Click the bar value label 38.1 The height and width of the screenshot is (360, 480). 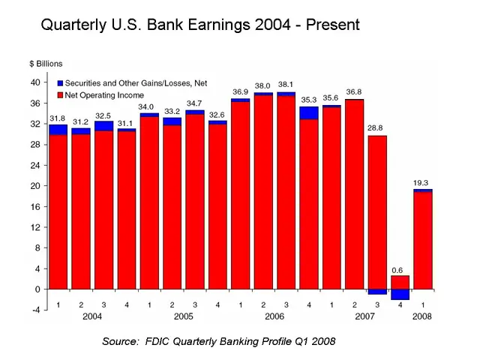pos(286,84)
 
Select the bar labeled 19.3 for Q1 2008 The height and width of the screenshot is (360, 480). pos(423,240)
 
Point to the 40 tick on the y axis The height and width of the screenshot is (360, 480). pos(34,82)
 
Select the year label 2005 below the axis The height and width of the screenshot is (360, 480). pos(184,316)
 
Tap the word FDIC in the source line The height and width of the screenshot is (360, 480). pos(162,341)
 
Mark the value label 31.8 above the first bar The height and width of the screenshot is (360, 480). pos(58,117)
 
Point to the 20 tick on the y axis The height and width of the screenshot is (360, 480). pos(34,185)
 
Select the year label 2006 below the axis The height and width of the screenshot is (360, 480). pos(274,316)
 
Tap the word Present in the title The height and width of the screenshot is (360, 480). pos(331,25)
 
